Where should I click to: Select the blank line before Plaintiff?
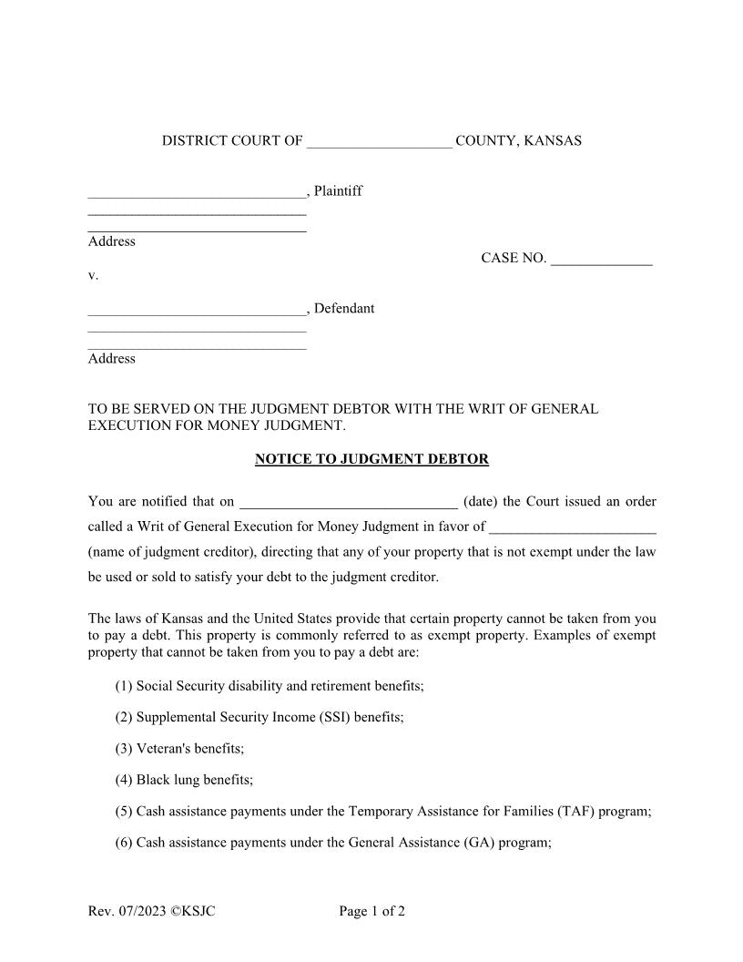point(197,194)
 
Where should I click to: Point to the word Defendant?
point(344,309)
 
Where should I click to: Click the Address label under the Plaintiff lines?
point(111,241)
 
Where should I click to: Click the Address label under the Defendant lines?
point(111,359)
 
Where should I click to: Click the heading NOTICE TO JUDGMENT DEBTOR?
point(371,459)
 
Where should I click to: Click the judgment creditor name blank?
point(572,529)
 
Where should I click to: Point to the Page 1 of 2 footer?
point(371,911)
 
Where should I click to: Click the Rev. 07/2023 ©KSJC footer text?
point(151,911)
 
